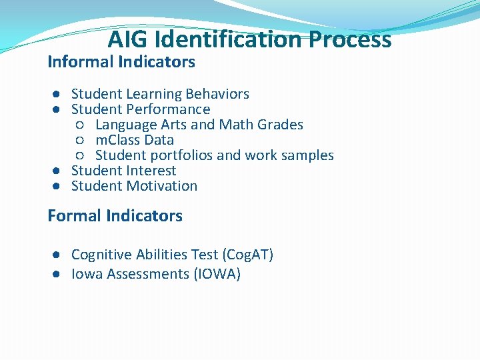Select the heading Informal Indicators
coord(121,62)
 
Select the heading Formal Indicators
coord(115,215)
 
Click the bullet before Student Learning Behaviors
coord(59,95)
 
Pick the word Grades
coord(281,125)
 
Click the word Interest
coord(151,171)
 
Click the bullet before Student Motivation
coord(59,187)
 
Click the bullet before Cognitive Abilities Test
coord(59,255)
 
